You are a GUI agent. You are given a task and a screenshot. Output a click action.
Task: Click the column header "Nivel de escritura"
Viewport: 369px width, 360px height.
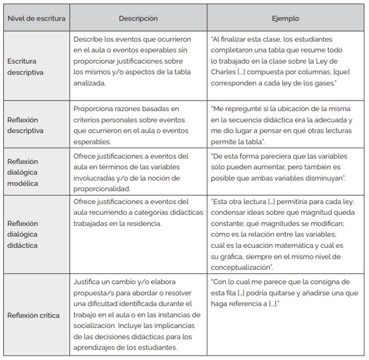coord(36,19)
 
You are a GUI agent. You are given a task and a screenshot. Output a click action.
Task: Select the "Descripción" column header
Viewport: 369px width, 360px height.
coord(138,19)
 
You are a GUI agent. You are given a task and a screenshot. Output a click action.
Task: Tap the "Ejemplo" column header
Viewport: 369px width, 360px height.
coord(285,19)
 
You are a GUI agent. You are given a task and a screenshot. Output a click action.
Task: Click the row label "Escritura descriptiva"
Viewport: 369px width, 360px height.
coord(25,67)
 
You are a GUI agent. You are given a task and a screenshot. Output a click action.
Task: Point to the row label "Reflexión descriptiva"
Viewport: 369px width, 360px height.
coord(25,125)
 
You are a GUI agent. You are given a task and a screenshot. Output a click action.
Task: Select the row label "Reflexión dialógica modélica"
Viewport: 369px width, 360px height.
coord(23,172)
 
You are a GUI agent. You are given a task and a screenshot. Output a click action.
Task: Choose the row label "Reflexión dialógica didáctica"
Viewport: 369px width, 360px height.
coord(23,234)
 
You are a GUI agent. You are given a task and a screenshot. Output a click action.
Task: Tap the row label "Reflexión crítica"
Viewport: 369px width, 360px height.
coord(33,315)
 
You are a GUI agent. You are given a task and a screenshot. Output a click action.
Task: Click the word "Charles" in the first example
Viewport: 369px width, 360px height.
coord(223,72)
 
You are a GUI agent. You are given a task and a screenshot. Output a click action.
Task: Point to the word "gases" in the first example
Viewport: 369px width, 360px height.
coord(326,83)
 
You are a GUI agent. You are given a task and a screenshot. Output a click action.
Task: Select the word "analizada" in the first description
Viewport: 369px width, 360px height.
coord(89,83)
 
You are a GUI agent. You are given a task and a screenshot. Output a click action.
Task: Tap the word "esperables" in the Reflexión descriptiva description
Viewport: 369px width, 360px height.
coord(90,141)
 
